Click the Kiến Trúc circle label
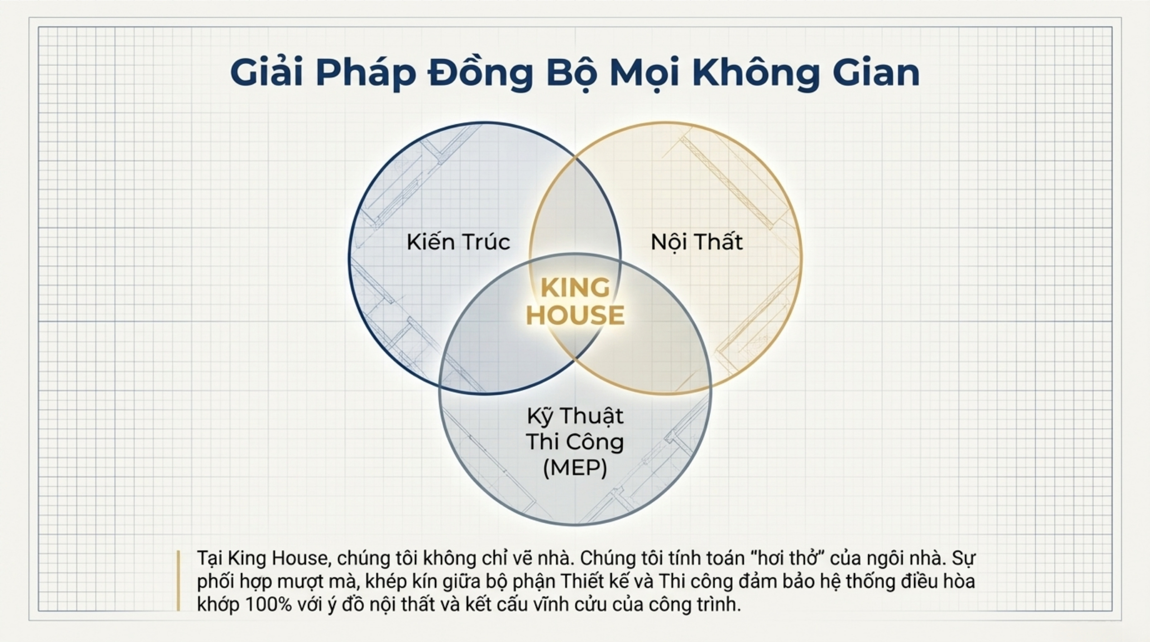pos(458,241)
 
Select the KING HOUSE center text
pos(575,301)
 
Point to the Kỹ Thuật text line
pos(575,416)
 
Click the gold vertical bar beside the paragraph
pos(178,580)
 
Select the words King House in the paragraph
pos(278,558)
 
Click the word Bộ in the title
pos(572,72)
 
